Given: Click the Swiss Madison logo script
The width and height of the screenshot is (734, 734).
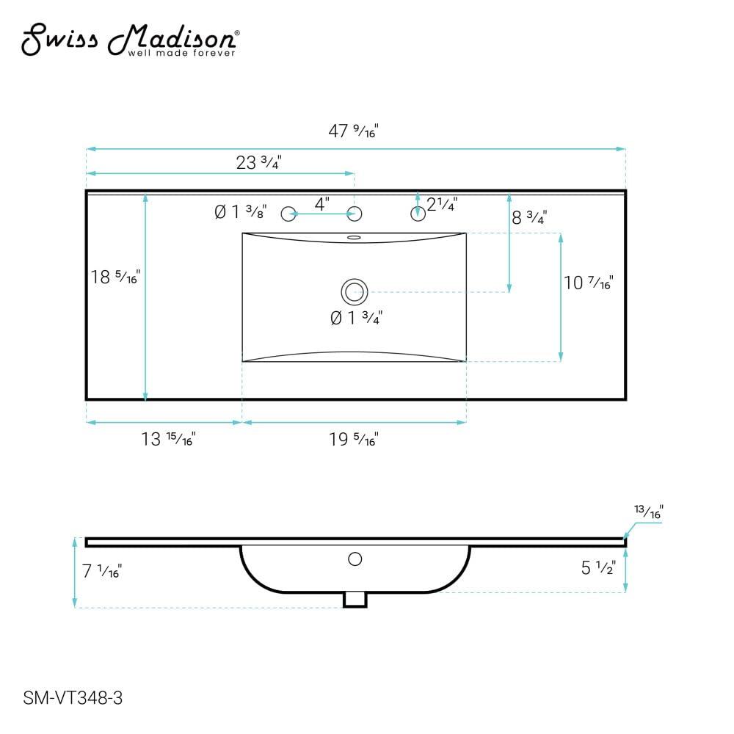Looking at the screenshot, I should [x=128, y=38].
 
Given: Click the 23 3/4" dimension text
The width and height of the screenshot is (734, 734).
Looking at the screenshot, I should [x=259, y=162].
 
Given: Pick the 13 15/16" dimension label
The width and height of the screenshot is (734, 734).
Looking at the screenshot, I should [x=168, y=439].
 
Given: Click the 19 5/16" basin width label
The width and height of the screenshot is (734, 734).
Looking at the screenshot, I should [x=353, y=439].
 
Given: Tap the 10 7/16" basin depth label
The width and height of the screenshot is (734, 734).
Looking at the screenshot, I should [x=588, y=282].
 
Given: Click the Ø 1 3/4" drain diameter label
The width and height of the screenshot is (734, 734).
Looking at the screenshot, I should [x=357, y=318].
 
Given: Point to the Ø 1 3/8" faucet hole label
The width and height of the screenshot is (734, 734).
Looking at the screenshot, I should [x=239, y=212].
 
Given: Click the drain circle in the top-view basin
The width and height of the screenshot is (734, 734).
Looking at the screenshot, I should [x=354, y=291].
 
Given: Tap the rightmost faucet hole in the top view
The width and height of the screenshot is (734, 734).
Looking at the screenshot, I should [x=418, y=214].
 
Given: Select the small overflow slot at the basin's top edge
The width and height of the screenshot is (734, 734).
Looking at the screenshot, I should [x=354, y=237].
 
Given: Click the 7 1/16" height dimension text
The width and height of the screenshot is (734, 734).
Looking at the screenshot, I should [x=101, y=570].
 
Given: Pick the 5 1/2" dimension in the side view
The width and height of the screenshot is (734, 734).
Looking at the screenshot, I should [x=597, y=567].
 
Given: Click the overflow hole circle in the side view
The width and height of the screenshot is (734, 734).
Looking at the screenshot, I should [x=355, y=559].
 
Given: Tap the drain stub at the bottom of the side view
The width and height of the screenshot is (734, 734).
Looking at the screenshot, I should [x=355, y=600].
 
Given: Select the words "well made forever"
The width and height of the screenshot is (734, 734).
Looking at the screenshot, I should [x=181, y=53].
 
